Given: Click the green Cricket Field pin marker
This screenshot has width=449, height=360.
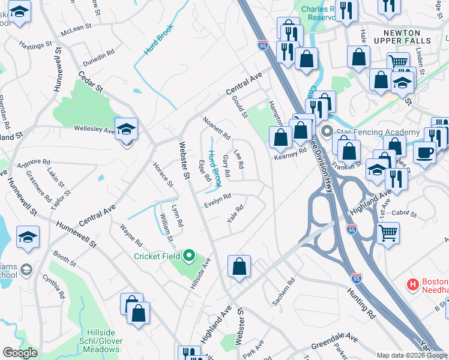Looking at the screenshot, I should tap(189, 256).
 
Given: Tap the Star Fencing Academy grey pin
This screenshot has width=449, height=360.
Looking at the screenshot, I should tap(327, 131).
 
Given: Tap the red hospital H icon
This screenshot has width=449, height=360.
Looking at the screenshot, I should tap(413, 283).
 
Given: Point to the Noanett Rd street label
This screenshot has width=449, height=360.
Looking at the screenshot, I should tap(217, 128).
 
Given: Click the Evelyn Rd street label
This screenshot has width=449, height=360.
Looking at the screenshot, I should tap(218, 198).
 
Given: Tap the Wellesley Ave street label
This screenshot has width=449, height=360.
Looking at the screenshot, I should tap(94, 129).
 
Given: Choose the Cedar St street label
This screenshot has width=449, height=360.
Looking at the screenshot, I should tap(91, 82).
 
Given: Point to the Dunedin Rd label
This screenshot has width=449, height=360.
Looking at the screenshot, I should tap(99, 55).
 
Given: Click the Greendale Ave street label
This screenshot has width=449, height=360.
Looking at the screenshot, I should tap(335, 346).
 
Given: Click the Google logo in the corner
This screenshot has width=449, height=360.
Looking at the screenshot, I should tap(20, 353).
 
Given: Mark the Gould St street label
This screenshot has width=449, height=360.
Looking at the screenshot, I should tap(240, 107).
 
